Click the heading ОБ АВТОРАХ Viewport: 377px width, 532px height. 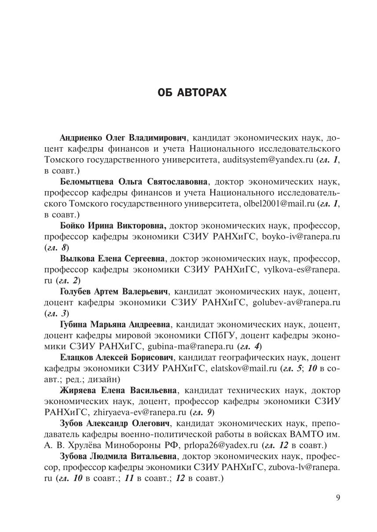pyautogui.click(x=192, y=93)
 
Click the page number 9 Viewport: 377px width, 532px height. pyautogui.click(x=338, y=497)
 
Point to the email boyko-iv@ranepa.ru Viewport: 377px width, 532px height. pyautogui.click(x=301, y=236)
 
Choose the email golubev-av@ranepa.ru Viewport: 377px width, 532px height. pyautogui.click(x=296, y=302)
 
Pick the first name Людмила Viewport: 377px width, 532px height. pyautogui.click(x=109, y=456)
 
